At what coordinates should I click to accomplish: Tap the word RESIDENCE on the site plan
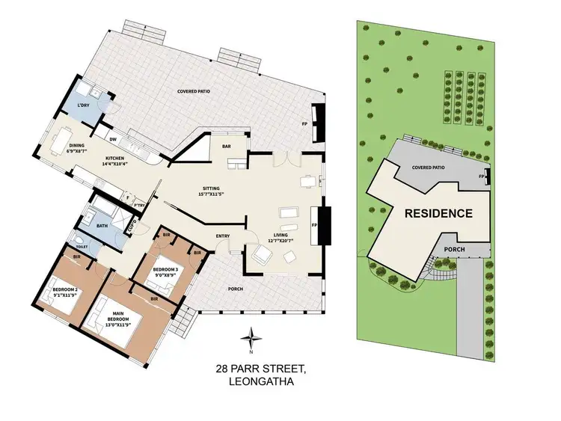pos(438,213)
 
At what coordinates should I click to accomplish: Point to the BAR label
pos(226,146)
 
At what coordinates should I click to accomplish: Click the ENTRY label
pos(223,236)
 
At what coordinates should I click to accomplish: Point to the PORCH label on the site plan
pos(455,249)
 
